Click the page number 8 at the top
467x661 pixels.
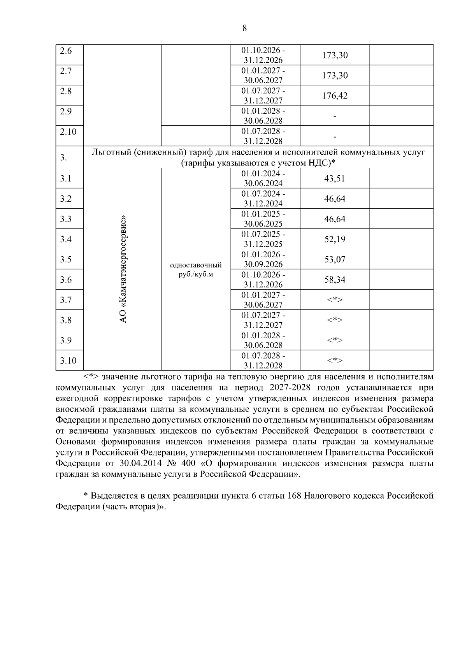pyautogui.click(x=244, y=28)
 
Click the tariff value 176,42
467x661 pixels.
pyautogui.click(x=335, y=96)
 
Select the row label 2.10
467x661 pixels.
pyautogui.click(x=68, y=132)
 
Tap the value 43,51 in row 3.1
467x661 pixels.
pyautogui.click(x=335, y=179)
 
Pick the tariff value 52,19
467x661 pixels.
pyautogui.click(x=335, y=239)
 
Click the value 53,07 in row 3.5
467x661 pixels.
pyautogui.click(x=335, y=260)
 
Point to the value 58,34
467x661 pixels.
pyautogui.click(x=335, y=280)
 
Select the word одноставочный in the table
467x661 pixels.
pyautogui.click(x=196, y=265)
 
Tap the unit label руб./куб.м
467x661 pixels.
pyautogui.click(x=196, y=274)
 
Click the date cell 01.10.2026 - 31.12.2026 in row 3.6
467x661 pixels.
pyautogui.click(x=263, y=280)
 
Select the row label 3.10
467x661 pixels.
pyautogui.click(x=68, y=360)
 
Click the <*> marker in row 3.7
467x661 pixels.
pyautogui.click(x=335, y=300)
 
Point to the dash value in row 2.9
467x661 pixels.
pyautogui.click(x=335, y=116)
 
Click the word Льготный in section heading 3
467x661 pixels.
pyautogui.click(x=110, y=152)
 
